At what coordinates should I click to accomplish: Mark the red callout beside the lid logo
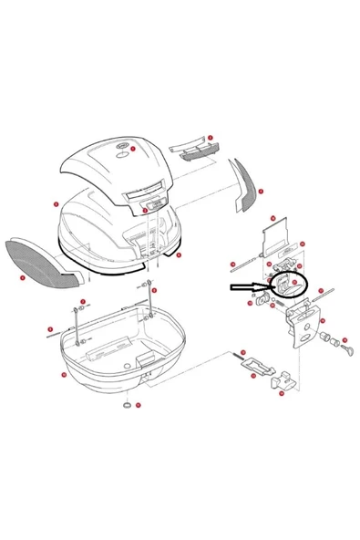[133, 148]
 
